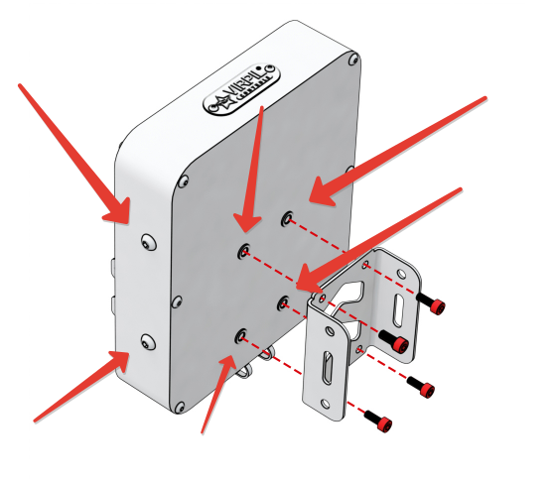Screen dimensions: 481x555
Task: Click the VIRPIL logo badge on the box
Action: click(238, 90)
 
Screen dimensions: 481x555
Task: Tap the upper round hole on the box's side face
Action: click(147, 242)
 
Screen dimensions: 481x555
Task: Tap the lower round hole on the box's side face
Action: click(147, 342)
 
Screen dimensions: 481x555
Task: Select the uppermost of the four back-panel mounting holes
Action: click(287, 216)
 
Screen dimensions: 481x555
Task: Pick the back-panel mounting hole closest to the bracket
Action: click(285, 301)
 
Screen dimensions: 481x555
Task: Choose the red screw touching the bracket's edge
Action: click(397, 343)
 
